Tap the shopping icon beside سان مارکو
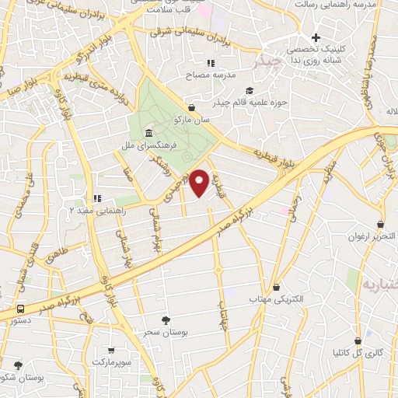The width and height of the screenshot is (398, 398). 192,108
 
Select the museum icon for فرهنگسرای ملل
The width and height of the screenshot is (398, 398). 148,134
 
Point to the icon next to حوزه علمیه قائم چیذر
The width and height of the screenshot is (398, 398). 248,90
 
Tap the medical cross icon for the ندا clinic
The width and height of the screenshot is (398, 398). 316,38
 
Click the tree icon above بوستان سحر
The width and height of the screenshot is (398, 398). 165,319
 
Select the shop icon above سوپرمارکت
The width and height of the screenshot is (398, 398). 112,351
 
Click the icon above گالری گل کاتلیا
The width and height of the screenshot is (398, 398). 358,340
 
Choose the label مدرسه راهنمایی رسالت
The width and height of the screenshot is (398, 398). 345,5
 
